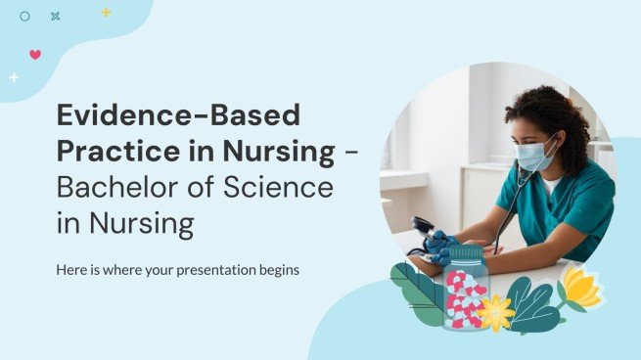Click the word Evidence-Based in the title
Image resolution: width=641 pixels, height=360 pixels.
coord(176,116)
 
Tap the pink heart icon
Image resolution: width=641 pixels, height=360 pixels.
coord(35,54)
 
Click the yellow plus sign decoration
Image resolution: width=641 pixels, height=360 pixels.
coord(106,13)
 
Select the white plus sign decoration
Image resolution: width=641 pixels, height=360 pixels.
coord(14,76)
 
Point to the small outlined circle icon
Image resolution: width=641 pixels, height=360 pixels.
coord(25,17)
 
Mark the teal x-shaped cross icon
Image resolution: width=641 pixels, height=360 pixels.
coord(55,17)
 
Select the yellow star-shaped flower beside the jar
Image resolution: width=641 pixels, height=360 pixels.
coord(496,312)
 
